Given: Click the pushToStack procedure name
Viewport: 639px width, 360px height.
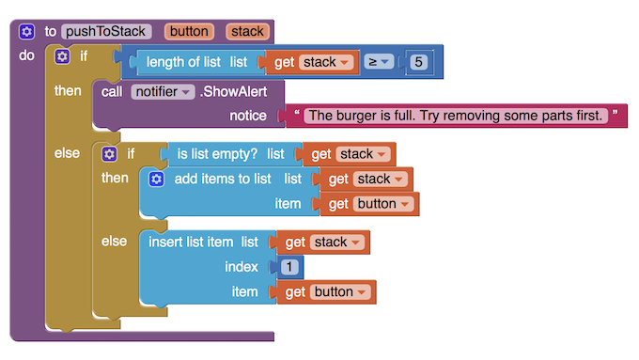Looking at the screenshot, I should [106, 31].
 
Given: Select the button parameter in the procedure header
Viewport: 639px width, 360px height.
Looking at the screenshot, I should [189, 31].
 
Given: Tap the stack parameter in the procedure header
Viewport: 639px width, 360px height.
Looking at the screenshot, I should [248, 31].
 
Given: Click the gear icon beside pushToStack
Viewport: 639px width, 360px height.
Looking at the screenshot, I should [26, 31].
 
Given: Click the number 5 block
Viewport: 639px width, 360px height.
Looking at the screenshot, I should [420, 63].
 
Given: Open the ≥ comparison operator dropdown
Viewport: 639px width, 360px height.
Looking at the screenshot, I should [378, 63].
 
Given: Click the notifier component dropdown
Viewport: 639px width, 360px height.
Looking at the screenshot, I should [163, 92].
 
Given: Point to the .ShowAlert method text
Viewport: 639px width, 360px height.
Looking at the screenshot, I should [233, 92].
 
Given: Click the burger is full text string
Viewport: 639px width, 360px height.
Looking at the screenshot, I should [455, 116].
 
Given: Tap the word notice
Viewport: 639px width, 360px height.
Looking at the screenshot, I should [250, 116].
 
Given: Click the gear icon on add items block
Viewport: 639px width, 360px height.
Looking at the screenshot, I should [157, 179].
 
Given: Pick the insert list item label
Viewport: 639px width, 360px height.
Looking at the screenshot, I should [191, 243].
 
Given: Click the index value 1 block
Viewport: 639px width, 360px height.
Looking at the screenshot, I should [290, 267].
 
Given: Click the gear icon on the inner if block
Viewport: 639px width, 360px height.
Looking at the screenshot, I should [110, 154].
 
